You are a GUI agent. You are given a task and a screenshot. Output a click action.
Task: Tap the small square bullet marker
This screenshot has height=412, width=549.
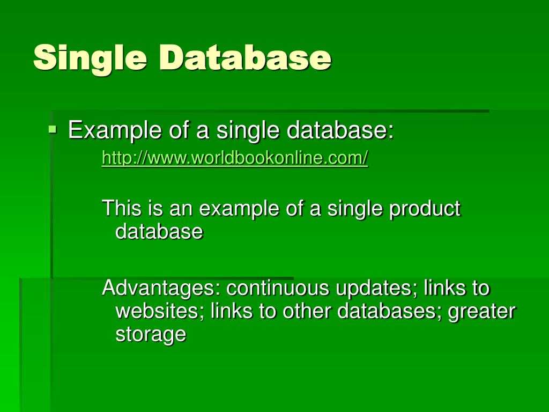click(x=52, y=129)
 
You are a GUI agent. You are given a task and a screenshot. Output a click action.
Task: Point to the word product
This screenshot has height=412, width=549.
click(x=425, y=209)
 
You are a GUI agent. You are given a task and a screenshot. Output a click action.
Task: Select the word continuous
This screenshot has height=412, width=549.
click(x=277, y=288)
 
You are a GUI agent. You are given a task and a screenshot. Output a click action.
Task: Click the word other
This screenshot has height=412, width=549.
click(x=311, y=311)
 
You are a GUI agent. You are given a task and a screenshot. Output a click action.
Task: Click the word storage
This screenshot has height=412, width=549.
click(x=151, y=335)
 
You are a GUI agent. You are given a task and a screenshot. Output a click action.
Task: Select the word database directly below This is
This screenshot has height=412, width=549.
click(x=159, y=231)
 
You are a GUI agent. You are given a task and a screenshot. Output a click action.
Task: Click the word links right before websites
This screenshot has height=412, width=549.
click(x=444, y=288)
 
